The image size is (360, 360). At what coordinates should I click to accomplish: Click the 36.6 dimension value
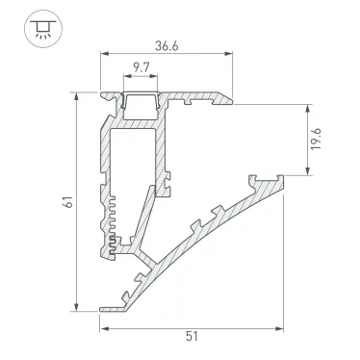164,44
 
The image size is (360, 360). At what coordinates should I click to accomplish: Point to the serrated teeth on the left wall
112,221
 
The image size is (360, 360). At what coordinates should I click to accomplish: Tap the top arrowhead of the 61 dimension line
74,96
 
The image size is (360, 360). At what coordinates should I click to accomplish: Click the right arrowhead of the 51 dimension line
286,327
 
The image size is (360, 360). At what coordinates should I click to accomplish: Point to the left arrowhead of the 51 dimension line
102,327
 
